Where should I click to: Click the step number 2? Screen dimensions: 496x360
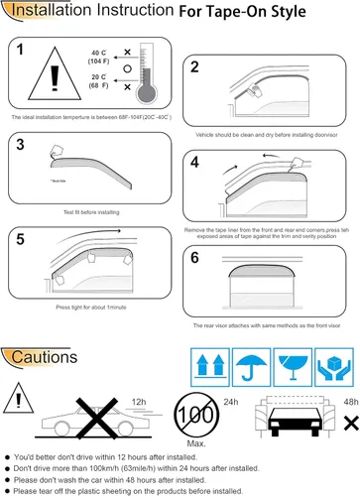pyautogui.click(x=195, y=67)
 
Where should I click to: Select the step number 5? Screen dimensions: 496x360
pyautogui.click(x=22, y=238)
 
